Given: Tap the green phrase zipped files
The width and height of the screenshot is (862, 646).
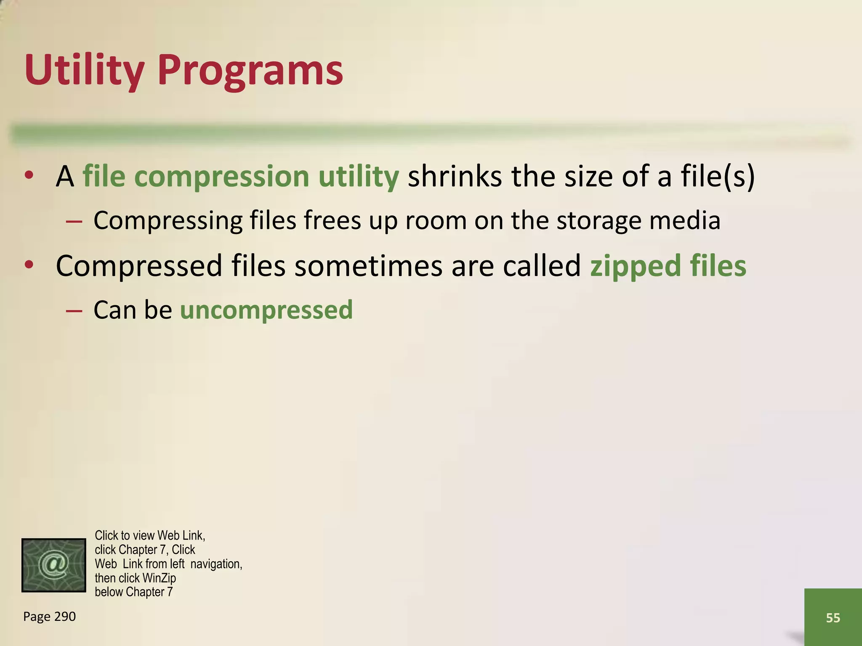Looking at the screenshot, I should click(668, 266).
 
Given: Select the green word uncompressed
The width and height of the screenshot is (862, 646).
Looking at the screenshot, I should click(266, 310).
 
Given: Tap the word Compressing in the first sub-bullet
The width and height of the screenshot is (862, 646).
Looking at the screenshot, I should click(168, 220).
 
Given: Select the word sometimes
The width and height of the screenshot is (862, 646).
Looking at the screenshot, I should click(368, 266).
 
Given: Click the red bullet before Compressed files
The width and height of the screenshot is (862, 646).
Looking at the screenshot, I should click(29, 265).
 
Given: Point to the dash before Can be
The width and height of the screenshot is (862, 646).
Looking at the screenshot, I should click(74, 311).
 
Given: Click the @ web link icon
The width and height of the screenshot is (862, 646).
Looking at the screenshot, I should click(53, 565).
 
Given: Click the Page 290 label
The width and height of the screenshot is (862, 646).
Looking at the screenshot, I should click(49, 617).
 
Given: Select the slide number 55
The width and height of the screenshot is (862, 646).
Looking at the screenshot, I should click(833, 618).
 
